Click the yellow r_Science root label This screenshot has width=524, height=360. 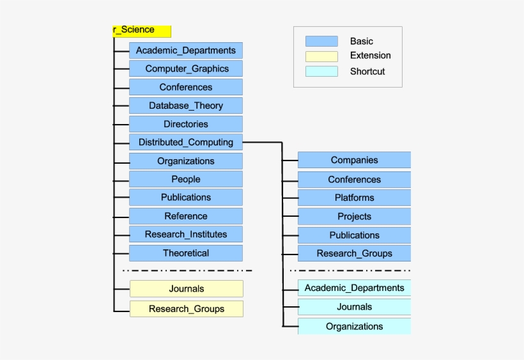(142, 30)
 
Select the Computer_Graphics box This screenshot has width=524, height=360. (186, 69)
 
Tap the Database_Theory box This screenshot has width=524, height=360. (186, 106)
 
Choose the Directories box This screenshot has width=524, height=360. (186, 124)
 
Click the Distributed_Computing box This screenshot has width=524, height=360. (186, 143)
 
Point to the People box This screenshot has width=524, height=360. (186, 179)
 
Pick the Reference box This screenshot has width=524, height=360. (186, 216)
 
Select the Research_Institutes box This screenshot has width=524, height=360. (186, 234)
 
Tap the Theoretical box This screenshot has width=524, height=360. (186, 253)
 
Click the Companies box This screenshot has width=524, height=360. (354, 160)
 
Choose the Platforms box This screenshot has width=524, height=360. (354, 198)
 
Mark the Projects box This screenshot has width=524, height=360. (354, 217)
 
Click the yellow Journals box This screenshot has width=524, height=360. (187, 289)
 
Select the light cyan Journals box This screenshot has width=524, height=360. (354, 307)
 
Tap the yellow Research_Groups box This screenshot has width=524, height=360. (187, 309)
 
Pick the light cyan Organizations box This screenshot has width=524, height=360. (354, 326)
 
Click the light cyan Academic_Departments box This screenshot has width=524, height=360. (354, 288)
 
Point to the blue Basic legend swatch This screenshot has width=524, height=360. (321, 42)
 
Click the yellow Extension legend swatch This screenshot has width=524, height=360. (321, 56)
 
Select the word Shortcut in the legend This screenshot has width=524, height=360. (367, 72)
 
